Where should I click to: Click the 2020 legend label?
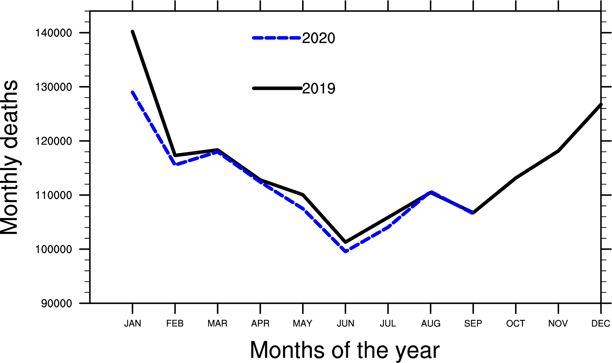[x=318, y=38]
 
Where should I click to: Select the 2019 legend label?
[x=318, y=89]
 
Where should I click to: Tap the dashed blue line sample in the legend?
[x=276, y=38]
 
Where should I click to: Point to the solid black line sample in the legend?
[x=276, y=88]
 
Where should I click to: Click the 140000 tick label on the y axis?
[x=53, y=33]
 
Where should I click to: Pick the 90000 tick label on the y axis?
[x=56, y=304]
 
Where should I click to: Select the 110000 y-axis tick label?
[x=53, y=195]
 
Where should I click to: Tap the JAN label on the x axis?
[x=132, y=323]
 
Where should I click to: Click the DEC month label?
[x=601, y=323]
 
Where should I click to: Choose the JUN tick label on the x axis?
[x=345, y=323]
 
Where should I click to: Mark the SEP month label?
[x=473, y=323]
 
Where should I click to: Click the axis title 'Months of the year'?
[x=345, y=350]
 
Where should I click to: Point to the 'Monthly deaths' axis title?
[x=10, y=157]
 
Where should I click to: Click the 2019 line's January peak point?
[x=132, y=31]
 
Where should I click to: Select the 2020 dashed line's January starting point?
[x=132, y=92]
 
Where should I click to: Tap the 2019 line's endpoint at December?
[x=601, y=105]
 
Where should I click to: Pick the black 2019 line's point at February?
[x=175, y=155]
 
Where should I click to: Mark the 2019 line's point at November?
[x=558, y=151]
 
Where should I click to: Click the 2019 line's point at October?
[x=516, y=178]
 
